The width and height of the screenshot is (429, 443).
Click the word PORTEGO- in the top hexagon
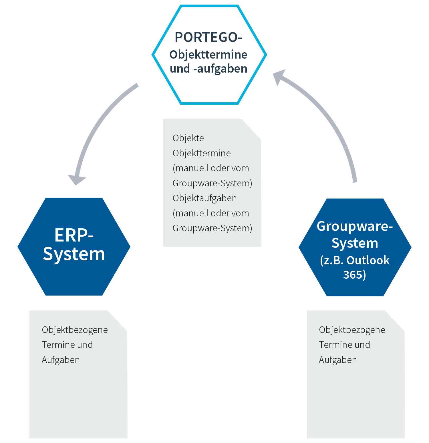click(x=208, y=37)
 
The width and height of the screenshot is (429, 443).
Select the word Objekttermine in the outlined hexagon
click(x=208, y=55)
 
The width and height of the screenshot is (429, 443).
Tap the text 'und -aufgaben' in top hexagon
click(x=208, y=69)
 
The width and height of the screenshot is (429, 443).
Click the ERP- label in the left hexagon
click(x=74, y=235)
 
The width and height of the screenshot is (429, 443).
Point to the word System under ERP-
click(x=74, y=254)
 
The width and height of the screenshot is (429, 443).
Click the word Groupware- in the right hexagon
click(x=355, y=226)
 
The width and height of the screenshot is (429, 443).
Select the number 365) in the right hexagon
click(x=355, y=275)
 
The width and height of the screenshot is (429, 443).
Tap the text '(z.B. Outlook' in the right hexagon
click(x=355, y=260)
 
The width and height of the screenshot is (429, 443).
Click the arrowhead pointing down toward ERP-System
click(x=76, y=179)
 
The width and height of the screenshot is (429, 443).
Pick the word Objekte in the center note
click(x=188, y=138)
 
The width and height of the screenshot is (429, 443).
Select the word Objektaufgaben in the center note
click(x=204, y=198)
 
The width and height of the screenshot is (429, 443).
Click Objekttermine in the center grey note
click(x=202, y=153)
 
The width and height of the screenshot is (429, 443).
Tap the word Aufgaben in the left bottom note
click(x=61, y=360)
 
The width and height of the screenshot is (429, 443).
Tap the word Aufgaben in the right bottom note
click(x=338, y=360)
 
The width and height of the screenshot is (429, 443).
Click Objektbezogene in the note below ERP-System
click(x=75, y=330)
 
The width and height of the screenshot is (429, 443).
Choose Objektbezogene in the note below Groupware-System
click(x=352, y=330)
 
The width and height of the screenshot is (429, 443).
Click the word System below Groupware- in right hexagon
click(x=355, y=243)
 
